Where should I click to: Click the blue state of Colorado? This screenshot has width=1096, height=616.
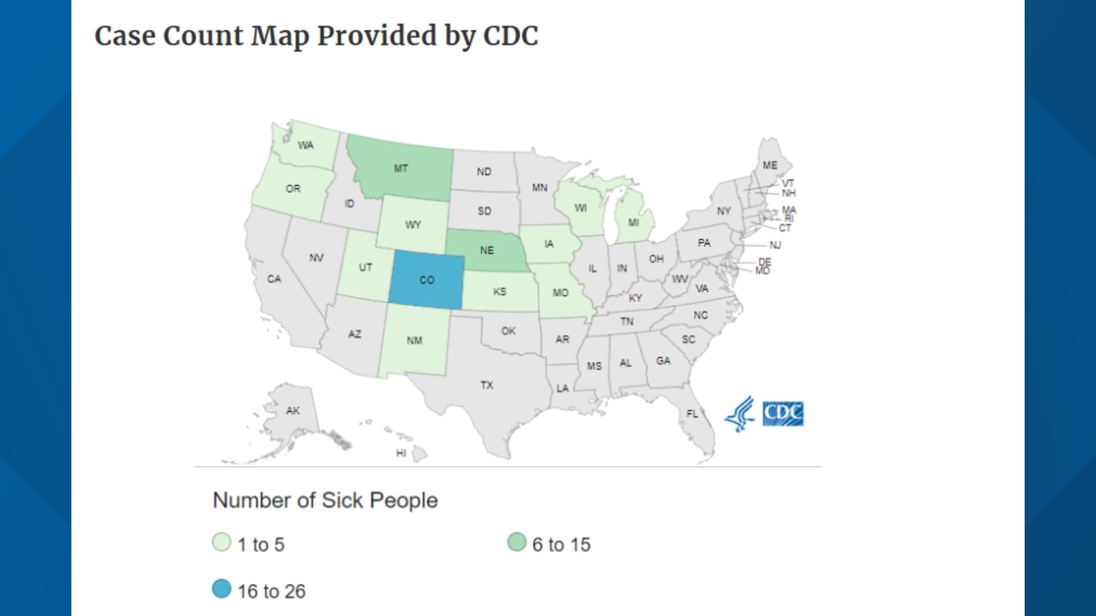coord(427,280)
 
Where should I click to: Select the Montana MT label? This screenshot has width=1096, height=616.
coord(401,168)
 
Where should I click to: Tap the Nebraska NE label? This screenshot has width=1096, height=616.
coord(487,250)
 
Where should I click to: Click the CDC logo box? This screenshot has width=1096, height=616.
coord(783,414)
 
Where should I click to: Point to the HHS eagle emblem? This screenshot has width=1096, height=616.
coord(740,414)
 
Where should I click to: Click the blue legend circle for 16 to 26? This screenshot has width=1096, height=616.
coord(221,589)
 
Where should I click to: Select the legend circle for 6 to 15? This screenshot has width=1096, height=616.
coord(517,542)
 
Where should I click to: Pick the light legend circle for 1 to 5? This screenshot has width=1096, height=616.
coord(221,542)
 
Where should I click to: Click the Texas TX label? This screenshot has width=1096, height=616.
coord(486,385)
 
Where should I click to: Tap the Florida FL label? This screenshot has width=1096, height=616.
coord(692,414)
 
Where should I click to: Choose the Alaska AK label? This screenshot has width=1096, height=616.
coord(293,410)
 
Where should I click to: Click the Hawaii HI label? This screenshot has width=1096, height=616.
coord(401,453)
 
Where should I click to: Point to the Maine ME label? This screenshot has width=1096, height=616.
coord(770,165)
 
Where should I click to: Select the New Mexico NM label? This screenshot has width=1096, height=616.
coord(414,341)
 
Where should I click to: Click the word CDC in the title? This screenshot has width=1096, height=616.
coord(510,36)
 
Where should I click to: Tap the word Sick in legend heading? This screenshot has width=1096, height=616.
coord(342,500)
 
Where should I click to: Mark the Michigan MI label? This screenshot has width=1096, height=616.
coord(634,222)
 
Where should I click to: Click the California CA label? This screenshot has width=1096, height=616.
coord(274,279)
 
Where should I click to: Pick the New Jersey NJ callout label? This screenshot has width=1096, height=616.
coord(775,245)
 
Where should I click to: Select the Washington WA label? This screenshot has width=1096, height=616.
coord(305,145)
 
